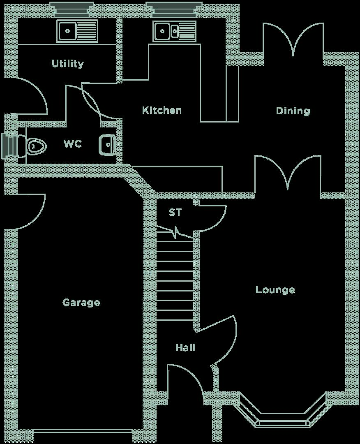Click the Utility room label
coord(68,63)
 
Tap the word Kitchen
coord(162,110)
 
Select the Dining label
coord(293,111)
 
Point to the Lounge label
coord(275,290)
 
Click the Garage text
coord(81,303)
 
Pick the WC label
coord(73,144)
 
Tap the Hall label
coord(185,347)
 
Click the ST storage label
coord(175,212)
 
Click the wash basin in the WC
coord(107,145)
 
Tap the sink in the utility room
coord(77,31)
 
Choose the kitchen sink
coord(174,31)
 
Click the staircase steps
coord(175,280)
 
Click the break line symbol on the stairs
coord(175,232)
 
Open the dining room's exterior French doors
coord(293,39)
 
